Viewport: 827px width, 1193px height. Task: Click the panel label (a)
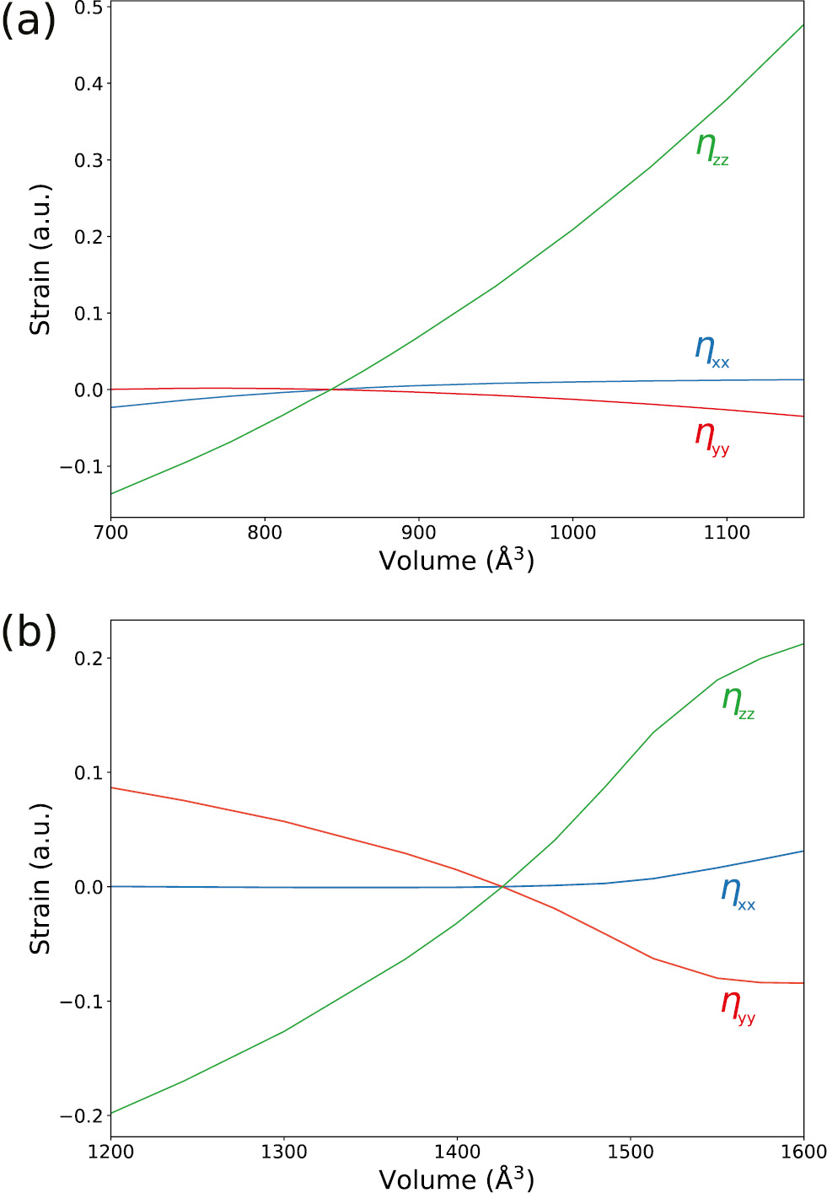tap(28, 21)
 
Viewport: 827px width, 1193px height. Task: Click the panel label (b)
tap(28, 631)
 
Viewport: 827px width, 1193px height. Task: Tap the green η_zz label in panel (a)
tap(712, 148)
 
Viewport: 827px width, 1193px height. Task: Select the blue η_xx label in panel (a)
tap(712, 350)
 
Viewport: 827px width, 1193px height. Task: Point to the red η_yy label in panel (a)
tap(712, 437)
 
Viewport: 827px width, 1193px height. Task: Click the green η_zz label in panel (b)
tap(738, 701)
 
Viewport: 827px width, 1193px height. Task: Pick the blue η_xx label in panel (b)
tap(738, 893)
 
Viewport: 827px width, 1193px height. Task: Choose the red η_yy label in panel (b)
tap(738, 1005)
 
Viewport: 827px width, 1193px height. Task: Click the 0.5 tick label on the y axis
tap(89, 8)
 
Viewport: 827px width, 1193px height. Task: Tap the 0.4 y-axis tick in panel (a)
tap(89, 83)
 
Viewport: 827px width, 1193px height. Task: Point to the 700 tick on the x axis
tap(110, 533)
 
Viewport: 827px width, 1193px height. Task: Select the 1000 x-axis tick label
tap(572, 533)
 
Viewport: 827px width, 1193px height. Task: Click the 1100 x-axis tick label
tap(727, 533)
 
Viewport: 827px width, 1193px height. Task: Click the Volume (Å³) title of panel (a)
tap(456, 560)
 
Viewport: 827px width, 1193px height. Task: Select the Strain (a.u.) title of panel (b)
tap(40, 879)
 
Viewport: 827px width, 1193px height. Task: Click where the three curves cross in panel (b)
tap(502, 886)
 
